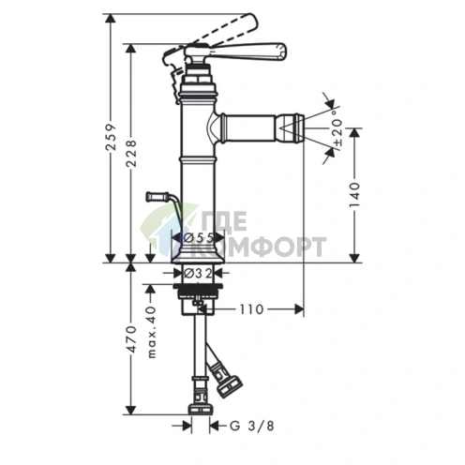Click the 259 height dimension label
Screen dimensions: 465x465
[112, 138]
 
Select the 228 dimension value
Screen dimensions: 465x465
[132, 154]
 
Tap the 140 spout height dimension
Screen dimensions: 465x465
[355, 195]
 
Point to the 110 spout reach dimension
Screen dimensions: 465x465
[251, 309]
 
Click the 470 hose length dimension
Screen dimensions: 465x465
[131, 339]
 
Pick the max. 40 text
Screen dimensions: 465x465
[151, 332]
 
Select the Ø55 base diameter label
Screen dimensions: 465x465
[199, 238]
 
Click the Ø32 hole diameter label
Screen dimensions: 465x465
[198, 273]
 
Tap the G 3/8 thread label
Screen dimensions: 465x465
[252, 426]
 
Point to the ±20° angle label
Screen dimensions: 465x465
[337, 128]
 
